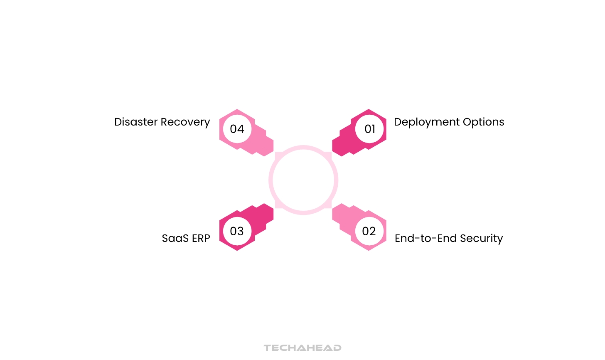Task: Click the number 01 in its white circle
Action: (x=369, y=129)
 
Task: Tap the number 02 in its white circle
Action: (x=369, y=231)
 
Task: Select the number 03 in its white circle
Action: (x=237, y=231)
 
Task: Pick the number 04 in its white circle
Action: (x=237, y=129)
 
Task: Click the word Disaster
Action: (x=136, y=122)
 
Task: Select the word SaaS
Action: (x=175, y=238)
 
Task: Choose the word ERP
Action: (x=201, y=238)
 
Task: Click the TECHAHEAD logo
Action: (x=302, y=348)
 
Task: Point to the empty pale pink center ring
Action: (x=303, y=180)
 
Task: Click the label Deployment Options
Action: (x=449, y=122)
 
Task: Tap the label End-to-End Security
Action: (x=449, y=239)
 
